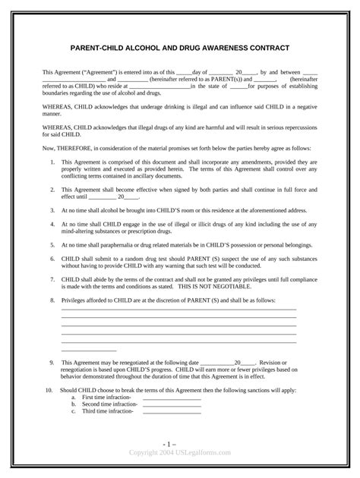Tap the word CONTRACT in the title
pos(266,48)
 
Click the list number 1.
pos(52,163)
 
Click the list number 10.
pos(48,390)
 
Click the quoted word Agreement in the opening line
pos(100,72)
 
